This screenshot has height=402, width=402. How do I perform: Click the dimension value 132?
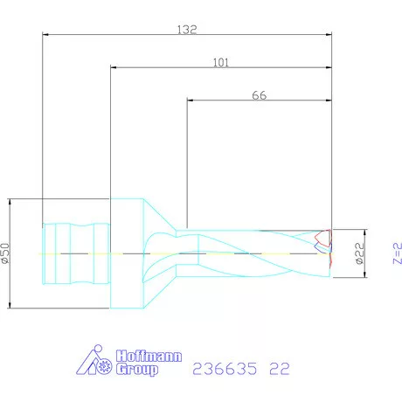(x=187, y=29)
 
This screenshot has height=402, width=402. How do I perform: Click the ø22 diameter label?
(x=359, y=254)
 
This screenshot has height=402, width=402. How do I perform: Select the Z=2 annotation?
(x=396, y=253)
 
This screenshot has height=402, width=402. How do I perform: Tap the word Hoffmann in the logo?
(x=138, y=357)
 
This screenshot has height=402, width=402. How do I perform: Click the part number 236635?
(x=223, y=368)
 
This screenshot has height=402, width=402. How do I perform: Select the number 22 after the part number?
(x=279, y=368)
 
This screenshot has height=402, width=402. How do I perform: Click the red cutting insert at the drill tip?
(x=323, y=239)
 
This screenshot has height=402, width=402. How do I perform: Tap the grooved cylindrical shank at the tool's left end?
(x=77, y=253)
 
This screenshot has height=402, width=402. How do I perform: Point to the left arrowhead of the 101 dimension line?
(x=114, y=68)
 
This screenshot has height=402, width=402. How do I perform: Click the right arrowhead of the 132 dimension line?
(x=329, y=36)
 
